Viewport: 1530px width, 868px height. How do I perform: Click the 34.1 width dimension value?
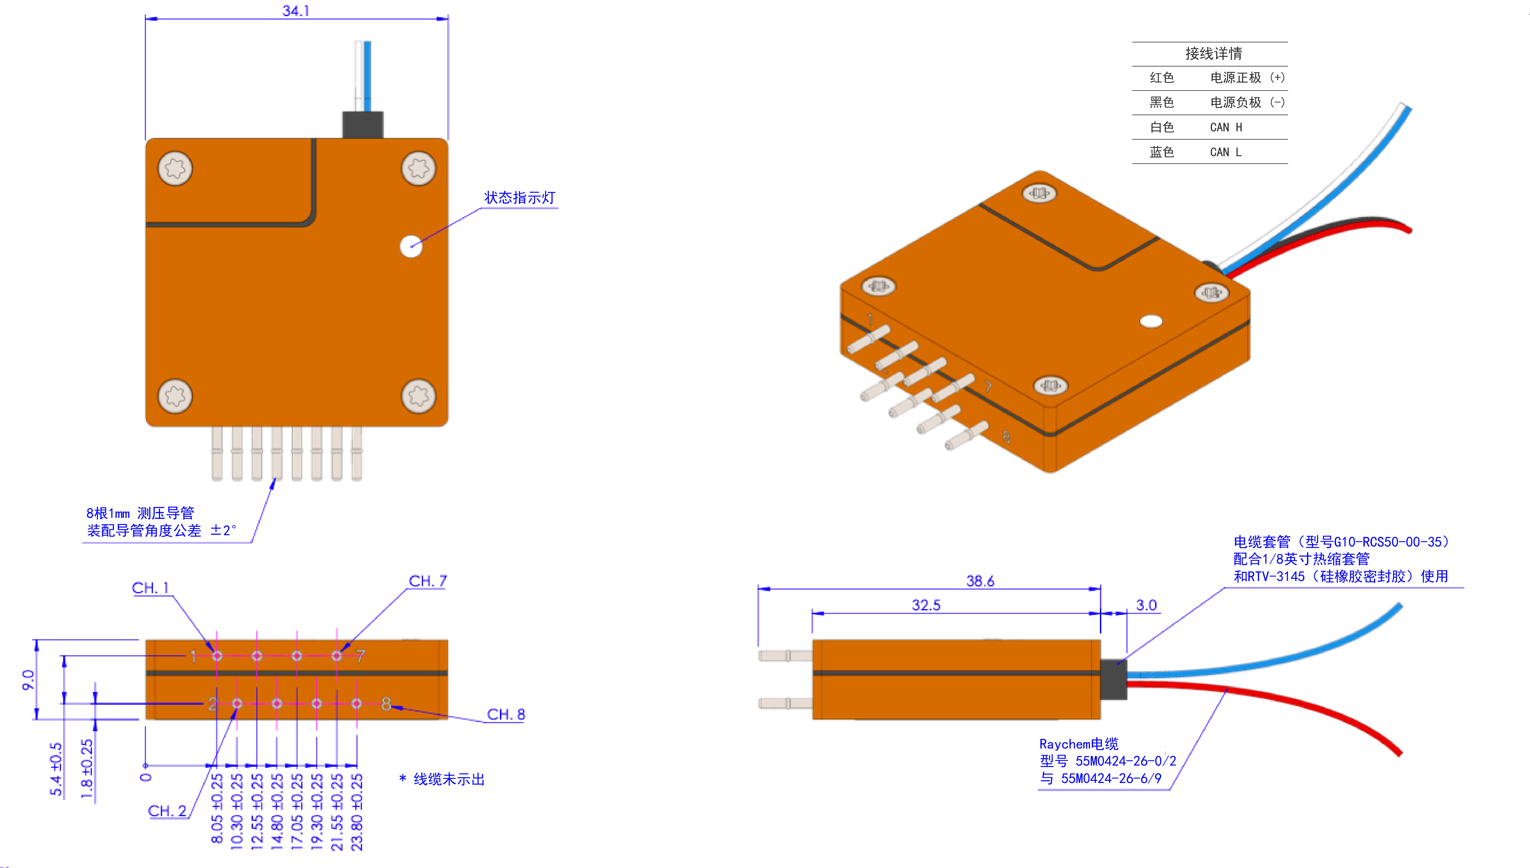296,11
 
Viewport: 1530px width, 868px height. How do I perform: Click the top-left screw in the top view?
175,168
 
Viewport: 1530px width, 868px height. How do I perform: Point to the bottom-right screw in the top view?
419,396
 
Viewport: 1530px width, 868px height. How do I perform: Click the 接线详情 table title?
1214,54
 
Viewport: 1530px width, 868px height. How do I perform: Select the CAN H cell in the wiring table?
1226,127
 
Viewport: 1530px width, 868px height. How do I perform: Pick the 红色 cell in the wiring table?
1162,78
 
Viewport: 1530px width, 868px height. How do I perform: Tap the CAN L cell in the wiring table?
1225,152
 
